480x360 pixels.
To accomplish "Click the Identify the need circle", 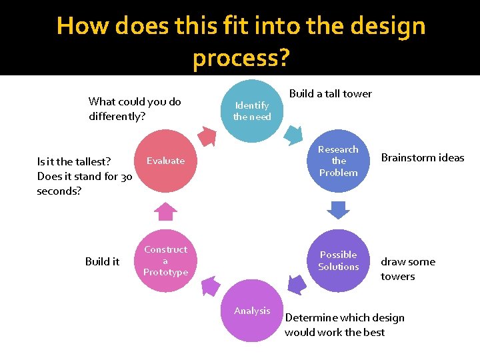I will (x=252, y=111).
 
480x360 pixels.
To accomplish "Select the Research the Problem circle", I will (x=339, y=161).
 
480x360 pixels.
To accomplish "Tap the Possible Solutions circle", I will (x=339, y=261).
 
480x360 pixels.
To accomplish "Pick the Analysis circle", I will (x=252, y=311).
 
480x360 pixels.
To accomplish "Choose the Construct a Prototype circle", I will (x=166, y=261).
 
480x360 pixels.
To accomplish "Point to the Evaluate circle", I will (x=166, y=161).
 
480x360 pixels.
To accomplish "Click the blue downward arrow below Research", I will (x=339, y=210).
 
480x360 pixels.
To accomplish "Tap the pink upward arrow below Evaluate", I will (x=165, y=211).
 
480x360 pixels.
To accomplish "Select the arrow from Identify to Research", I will (x=293, y=135).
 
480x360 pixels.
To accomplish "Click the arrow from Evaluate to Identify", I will (x=209, y=136).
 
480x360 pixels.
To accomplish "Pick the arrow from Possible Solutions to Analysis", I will (x=295, y=285).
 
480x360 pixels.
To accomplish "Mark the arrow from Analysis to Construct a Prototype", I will (x=209, y=287).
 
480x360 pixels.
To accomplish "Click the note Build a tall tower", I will (x=331, y=93).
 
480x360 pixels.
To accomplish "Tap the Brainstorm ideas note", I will (x=423, y=158).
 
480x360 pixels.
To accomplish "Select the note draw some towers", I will (x=407, y=269).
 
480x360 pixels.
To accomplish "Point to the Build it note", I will (x=102, y=261).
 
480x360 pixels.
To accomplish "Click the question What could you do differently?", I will (x=134, y=109).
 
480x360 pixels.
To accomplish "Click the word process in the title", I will (x=241, y=59).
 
